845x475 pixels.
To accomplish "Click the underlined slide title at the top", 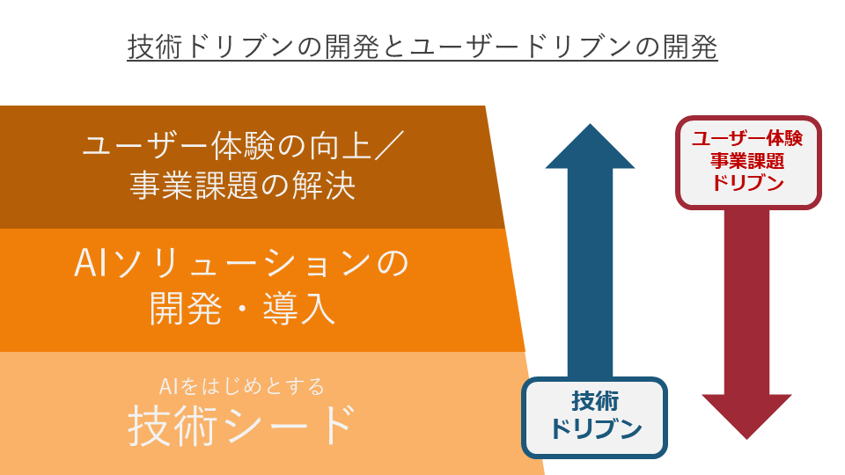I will click(422, 46).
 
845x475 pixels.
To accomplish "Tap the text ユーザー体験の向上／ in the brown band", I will click(242, 145).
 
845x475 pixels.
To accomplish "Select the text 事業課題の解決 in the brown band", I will click(242, 186).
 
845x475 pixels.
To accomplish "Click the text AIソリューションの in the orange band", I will click(242, 264).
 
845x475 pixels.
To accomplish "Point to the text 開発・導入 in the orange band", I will click(242, 310).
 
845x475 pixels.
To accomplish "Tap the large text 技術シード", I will click(242, 426).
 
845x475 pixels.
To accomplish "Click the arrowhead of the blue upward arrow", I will click(590, 148).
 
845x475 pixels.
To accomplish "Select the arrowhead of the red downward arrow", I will click(746, 414).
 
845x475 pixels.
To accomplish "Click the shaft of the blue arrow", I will click(590, 273).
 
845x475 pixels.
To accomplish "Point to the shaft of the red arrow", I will click(746, 299).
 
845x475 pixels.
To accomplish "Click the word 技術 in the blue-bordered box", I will click(595, 401).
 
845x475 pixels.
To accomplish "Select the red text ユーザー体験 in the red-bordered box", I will click(747, 138).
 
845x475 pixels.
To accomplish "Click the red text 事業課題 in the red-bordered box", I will click(747, 161).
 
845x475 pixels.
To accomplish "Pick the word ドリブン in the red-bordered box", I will click(747, 184).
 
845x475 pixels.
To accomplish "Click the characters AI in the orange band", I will click(91, 264).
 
